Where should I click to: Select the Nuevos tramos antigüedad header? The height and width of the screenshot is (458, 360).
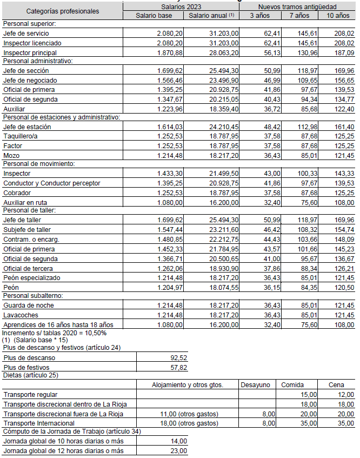click(297, 6)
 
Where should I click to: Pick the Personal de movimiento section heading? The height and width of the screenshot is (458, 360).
click(38, 163)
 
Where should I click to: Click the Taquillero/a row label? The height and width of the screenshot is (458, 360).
click(21, 136)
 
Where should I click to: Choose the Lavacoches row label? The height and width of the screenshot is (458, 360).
click(21, 315)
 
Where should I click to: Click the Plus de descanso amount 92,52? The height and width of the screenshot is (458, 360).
click(178, 357)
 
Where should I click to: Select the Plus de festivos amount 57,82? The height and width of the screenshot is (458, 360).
click(178, 367)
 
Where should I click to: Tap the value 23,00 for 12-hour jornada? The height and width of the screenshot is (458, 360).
click(178, 450)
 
